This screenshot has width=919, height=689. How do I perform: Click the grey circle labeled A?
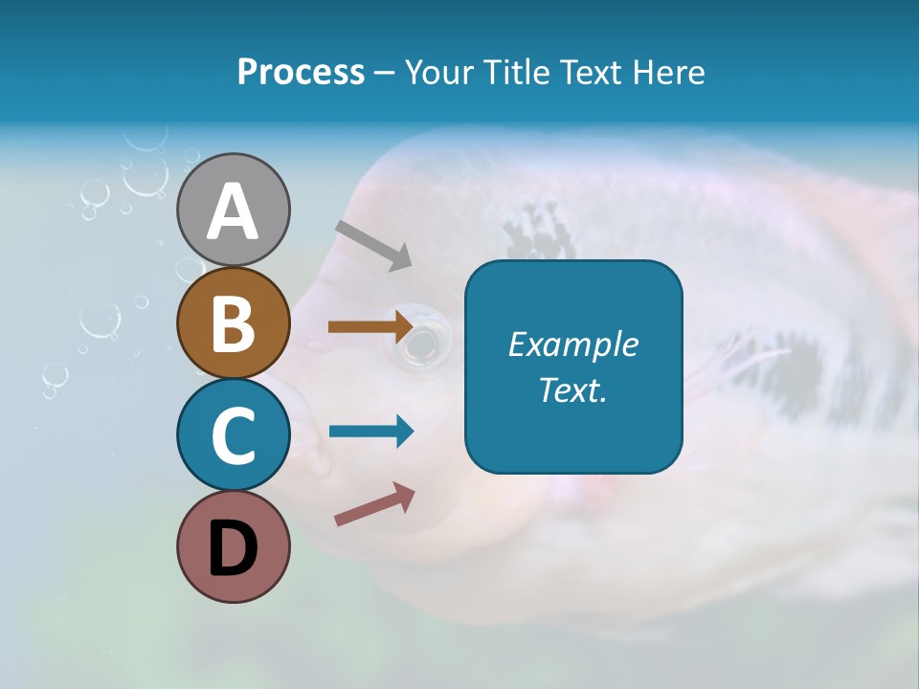coord(233,210)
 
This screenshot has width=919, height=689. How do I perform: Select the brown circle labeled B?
coord(233,322)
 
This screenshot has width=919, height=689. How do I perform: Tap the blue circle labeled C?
coord(233,434)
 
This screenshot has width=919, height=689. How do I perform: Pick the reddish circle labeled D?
coord(233,547)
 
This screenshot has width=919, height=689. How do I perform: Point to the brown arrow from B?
coord(370,326)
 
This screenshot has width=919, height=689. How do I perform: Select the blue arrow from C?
coord(370,431)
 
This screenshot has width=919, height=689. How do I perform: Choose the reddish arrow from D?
coord(374,504)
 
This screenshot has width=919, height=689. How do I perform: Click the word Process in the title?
coord(301,73)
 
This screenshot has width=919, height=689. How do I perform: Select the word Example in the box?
coord(573,344)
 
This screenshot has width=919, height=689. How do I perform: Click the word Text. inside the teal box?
coord(573,389)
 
